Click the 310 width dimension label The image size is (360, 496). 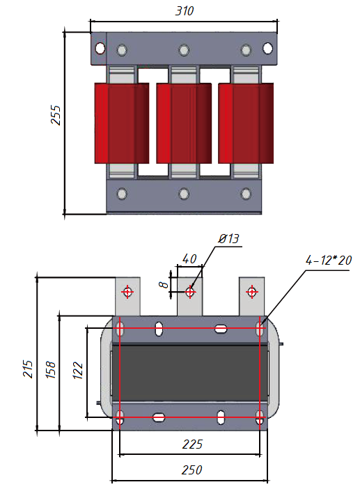point(185,11)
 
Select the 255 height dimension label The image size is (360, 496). point(56,115)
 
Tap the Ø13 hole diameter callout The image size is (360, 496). point(229,238)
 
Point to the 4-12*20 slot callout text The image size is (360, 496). point(329,260)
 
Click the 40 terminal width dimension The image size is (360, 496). point(189,259)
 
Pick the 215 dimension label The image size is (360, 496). point(28,369)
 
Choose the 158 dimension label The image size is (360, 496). point(51,370)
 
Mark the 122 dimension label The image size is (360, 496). point(78,370)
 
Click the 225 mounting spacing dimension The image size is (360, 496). point(192,444)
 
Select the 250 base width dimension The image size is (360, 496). point(192,470)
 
